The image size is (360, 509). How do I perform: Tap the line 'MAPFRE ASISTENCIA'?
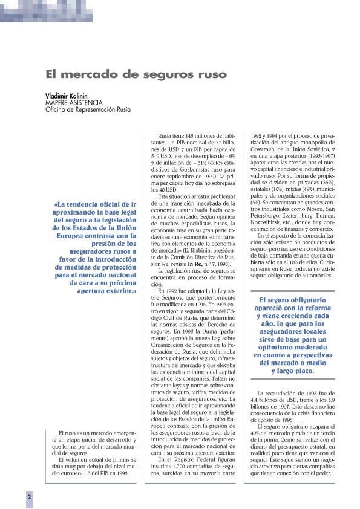coord(74,103)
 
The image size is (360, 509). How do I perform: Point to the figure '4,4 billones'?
coord(264,400)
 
